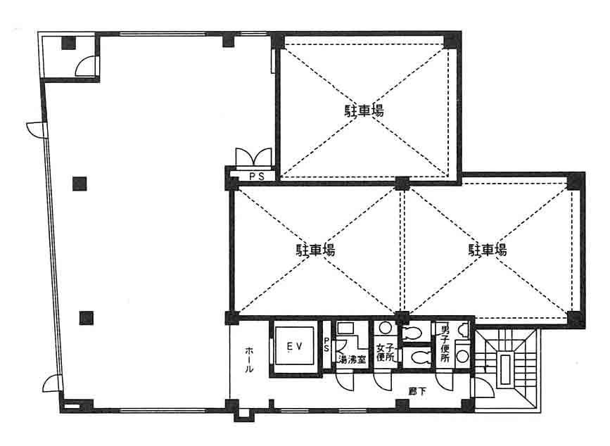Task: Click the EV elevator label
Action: point(294,346)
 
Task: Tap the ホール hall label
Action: point(249,359)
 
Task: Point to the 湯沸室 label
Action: point(352,359)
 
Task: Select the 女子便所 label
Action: point(386,352)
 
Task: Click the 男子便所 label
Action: point(445,344)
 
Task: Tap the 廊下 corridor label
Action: point(417,392)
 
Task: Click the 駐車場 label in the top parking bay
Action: point(364,111)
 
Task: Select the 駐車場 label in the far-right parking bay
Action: point(488,250)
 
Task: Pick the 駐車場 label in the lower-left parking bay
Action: point(315,250)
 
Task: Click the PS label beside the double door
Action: point(257,177)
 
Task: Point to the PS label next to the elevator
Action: point(326,345)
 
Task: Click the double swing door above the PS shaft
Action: point(254,158)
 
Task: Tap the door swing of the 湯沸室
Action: point(345,381)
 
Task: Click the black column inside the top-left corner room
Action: point(68,43)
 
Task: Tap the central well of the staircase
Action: point(505,369)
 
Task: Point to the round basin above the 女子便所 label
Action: point(385,329)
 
